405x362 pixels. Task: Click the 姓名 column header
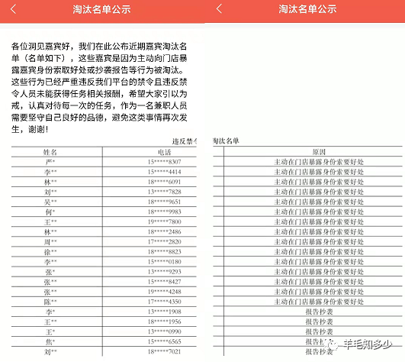51,152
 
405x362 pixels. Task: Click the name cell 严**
51,162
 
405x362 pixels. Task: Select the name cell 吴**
51,201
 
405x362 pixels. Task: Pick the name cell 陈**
51,301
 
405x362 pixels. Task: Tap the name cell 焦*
51,341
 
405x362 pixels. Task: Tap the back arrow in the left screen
15,9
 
